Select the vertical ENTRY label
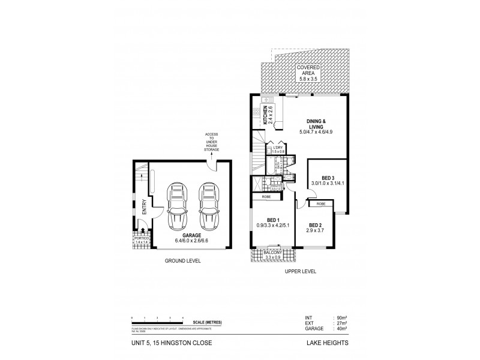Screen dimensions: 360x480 145,207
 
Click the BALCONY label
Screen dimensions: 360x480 274,254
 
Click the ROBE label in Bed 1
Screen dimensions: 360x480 265,196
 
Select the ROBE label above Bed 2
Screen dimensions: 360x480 321,204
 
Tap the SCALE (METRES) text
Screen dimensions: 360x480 206,323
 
